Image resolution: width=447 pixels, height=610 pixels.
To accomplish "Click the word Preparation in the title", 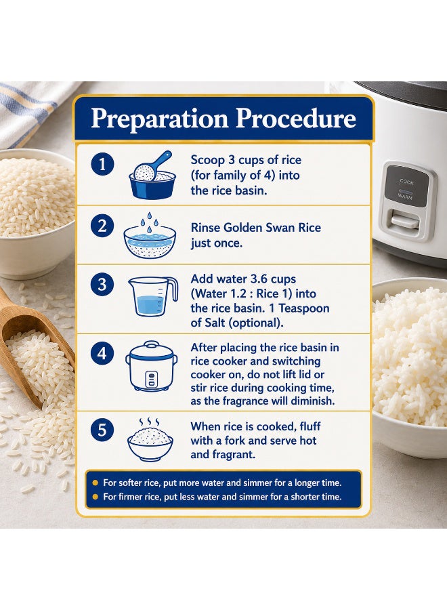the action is click(159, 119).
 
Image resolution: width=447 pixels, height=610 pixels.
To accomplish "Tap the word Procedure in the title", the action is click(296, 118).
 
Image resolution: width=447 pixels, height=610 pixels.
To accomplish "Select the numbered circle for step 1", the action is click(102, 164).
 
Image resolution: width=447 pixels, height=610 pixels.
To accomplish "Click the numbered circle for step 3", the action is click(102, 284).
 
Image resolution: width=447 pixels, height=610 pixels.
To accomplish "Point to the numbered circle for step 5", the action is click(102, 430).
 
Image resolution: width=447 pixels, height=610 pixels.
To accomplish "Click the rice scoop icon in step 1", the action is click(152, 175).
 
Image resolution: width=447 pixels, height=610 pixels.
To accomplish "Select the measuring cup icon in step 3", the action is click(153, 296).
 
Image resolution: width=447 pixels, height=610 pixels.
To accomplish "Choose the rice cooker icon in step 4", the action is click(152, 366).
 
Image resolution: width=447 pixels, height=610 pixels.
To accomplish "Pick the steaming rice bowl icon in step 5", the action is click(150, 440).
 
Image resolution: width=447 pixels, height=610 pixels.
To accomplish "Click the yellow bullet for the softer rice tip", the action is click(95, 483).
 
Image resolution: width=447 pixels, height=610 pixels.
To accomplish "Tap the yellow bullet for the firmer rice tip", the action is click(95, 497).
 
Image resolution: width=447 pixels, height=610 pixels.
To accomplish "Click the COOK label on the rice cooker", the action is click(406, 182).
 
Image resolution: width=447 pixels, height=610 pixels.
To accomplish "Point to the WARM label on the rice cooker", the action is click(405, 197).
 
